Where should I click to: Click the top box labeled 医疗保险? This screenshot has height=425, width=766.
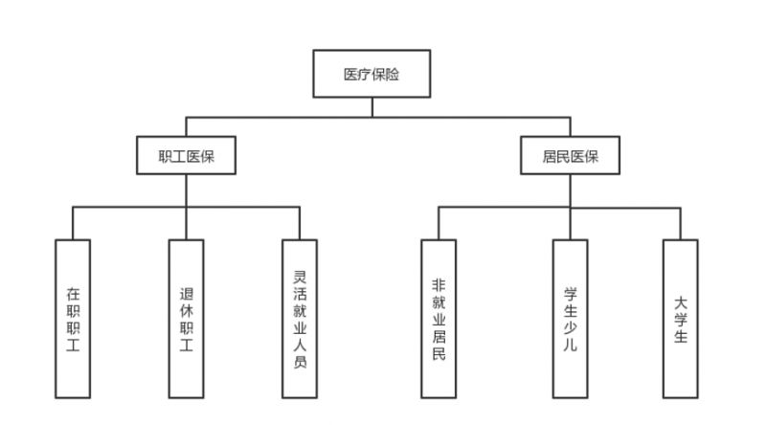(x=372, y=74)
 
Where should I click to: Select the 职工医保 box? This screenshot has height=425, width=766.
(x=186, y=155)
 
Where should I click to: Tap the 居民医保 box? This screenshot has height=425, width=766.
(x=570, y=155)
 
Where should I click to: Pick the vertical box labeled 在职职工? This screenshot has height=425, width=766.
(x=73, y=319)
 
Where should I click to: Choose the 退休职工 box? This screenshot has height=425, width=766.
(x=186, y=319)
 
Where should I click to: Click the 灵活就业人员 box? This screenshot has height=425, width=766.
(x=300, y=319)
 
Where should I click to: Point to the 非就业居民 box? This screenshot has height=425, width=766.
(x=439, y=319)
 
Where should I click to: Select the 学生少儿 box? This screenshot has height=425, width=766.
(x=570, y=319)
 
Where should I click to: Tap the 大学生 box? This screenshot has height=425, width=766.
(x=681, y=319)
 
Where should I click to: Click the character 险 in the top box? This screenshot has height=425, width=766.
(x=393, y=75)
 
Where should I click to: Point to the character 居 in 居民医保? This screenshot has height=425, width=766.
(x=550, y=156)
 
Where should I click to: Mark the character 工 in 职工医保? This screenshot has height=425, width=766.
(x=179, y=156)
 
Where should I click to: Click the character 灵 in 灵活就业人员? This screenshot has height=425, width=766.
(x=300, y=277)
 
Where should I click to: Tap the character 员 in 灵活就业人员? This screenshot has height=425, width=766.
(x=300, y=362)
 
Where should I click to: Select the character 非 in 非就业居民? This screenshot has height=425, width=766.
(x=439, y=285)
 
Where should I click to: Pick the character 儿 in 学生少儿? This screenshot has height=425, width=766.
(x=570, y=345)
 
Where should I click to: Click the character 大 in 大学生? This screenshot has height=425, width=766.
(x=681, y=302)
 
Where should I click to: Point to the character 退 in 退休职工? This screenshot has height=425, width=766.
(x=186, y=294)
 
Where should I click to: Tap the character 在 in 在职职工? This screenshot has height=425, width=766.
(x=73, y=294)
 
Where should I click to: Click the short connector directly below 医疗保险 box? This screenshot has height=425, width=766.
(x=372, y=107)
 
